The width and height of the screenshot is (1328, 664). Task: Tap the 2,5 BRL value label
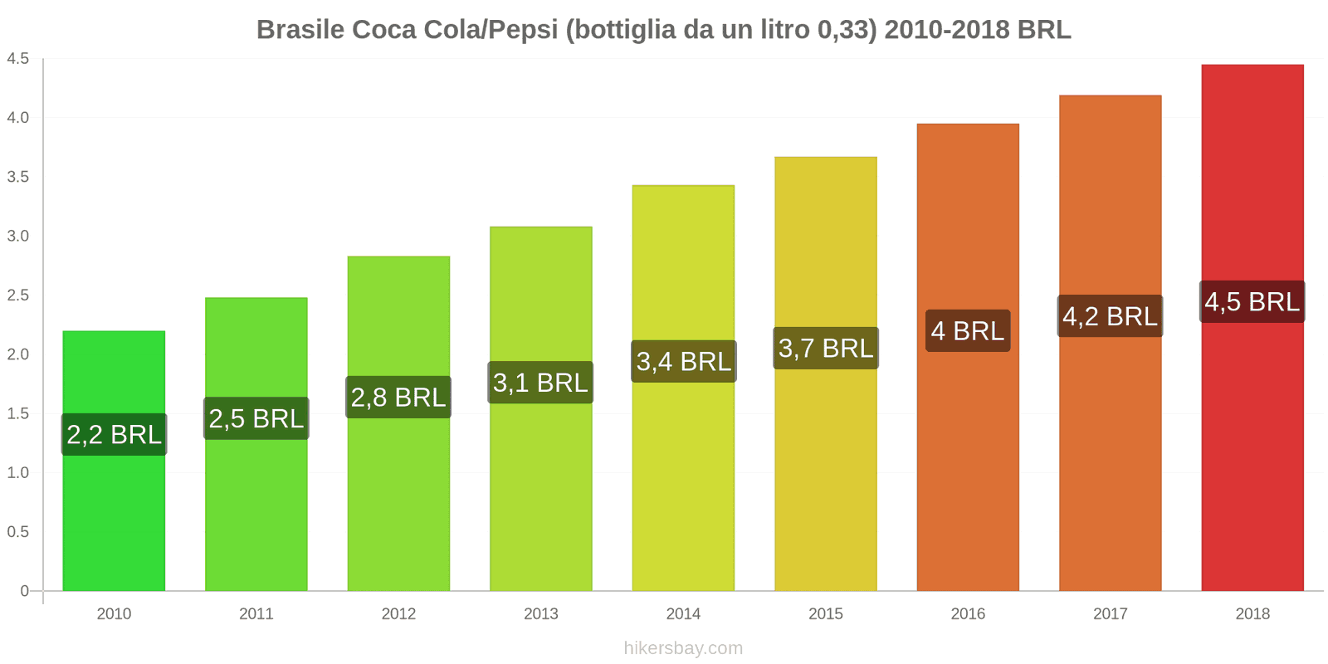click(x=256, y=418)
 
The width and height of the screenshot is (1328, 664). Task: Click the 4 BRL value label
click(x=968, y=330)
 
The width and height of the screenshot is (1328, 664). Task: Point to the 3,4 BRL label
click(x=683, y=361)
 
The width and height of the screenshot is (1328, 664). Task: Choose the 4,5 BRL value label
click(x=1252, y=301)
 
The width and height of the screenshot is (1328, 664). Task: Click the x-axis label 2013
click(x=540, y=613)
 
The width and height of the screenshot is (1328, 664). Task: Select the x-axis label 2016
click(x=968, y=613)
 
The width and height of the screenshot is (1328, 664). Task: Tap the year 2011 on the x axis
click(x=256, y=613)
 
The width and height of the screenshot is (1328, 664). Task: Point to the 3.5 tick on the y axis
click(x=18, y=177)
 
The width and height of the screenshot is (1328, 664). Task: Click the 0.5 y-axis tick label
click(x=18, y=531)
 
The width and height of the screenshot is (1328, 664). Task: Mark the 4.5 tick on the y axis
click(x=18, y=58)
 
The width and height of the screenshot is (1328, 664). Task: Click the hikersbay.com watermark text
click(x=683, y=648)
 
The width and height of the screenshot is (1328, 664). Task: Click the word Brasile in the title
click(x=300, y=30)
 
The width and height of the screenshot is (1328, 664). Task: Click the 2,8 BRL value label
click(x=398, y=397)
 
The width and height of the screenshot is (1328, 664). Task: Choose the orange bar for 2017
click(x=1110, y=465)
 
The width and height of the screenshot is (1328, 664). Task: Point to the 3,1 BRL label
click(x=540, y=383)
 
